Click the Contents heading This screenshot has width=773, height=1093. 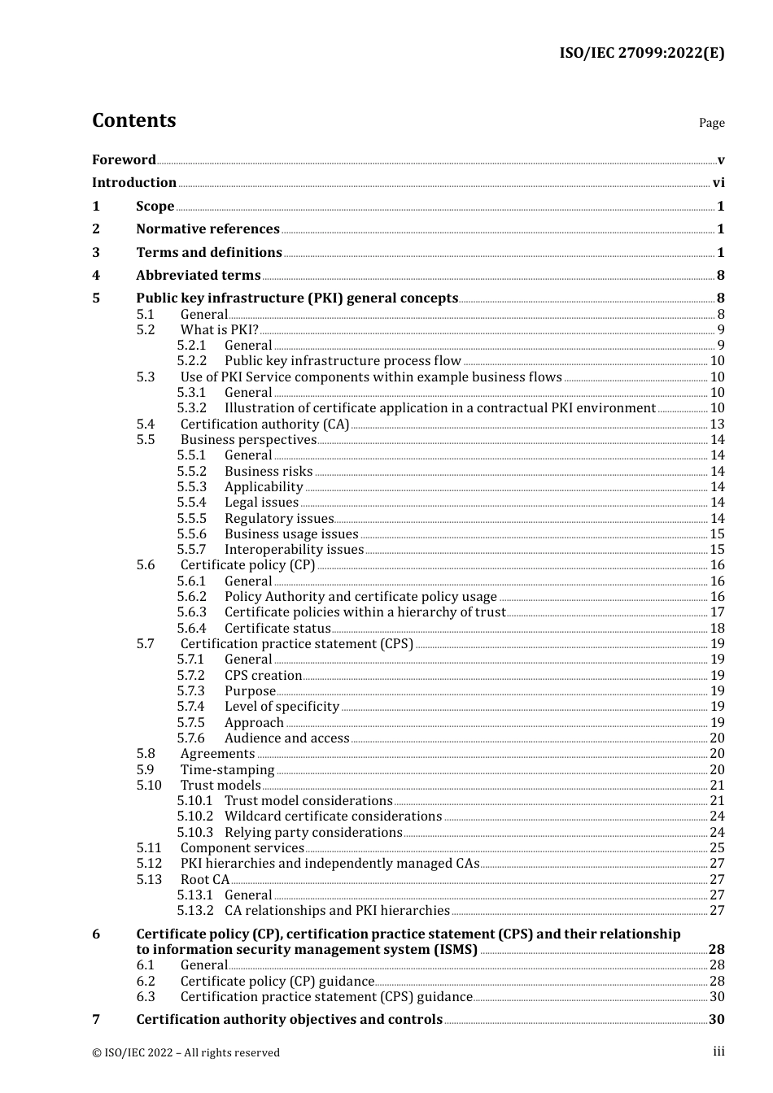[133, 120]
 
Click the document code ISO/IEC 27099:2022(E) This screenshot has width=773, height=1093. [641, 54]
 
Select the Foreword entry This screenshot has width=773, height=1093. [124, 159]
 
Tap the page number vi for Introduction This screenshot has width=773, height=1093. [718, 183]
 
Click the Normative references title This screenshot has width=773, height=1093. [207, 229]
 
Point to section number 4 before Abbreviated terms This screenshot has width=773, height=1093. [96, 276]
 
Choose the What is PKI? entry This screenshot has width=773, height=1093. [220, 330]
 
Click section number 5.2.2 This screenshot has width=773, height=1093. [192, 361]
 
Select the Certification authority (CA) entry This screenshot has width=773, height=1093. [264, 425]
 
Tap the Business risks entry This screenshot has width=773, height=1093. [269, 472]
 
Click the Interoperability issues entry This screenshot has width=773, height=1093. [294, 550]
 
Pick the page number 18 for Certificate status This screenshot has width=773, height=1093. [717, 629]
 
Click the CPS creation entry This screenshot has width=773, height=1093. [263, 676]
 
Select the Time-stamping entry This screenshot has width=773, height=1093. [227, 770]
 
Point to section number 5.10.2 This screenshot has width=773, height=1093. [195, 816]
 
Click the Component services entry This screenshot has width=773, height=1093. [242, 848]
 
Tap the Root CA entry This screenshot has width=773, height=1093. [205, 880]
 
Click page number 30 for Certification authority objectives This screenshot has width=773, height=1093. [716, 1020]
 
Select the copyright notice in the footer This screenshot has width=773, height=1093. [186, 1053]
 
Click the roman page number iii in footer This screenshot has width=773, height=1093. [718, 1052]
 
